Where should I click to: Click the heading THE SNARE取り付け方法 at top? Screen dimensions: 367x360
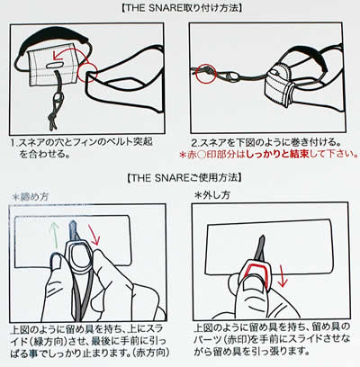coord(179,9)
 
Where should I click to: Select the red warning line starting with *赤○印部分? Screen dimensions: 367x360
coord(270,155)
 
